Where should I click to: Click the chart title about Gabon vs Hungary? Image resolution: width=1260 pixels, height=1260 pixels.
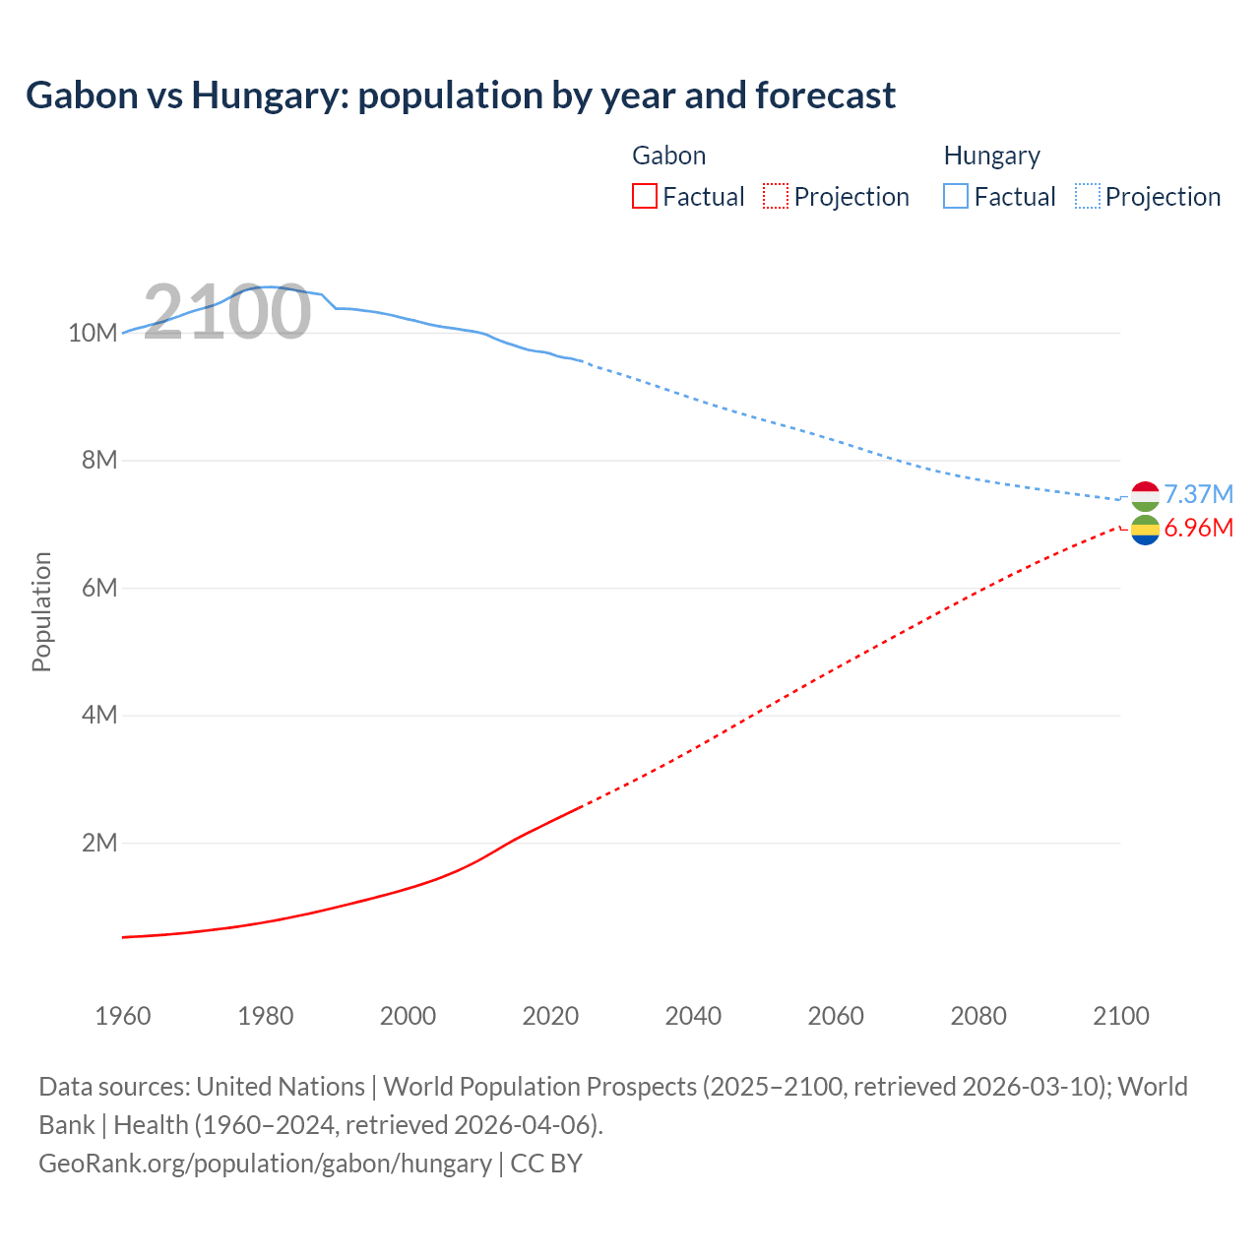pos(461,95)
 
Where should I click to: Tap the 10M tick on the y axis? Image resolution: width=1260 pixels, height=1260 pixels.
pos(93,334)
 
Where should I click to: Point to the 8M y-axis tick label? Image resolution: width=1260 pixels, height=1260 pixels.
pos(98,461)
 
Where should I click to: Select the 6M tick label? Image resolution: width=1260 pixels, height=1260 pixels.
pos(98,589)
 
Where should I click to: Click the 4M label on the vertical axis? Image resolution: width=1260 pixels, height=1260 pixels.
pos(98,716)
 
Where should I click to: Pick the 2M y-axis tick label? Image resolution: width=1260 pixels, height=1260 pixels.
pos(98,844)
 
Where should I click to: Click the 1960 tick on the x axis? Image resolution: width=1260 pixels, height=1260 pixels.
pos(123,1016)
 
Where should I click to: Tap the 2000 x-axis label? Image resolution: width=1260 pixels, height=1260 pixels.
pos(408,1016)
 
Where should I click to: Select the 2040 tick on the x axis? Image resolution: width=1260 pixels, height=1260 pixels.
pos(693,1016)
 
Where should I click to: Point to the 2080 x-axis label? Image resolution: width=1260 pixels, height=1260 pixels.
pos(978,1016)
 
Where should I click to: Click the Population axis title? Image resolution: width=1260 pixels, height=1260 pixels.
pos(41,611)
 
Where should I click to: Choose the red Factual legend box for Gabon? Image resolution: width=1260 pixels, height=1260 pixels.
pos(645,197)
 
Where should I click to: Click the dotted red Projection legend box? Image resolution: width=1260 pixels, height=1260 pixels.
pos(776,197)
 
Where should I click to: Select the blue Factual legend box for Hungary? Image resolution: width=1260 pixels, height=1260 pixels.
pos(956,197)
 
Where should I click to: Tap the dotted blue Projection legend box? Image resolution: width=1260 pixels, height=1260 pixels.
pos(1088,197)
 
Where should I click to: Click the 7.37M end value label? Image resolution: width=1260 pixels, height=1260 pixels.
pos(1198,494)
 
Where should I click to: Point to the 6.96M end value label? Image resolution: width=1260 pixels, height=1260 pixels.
pos(1198,529)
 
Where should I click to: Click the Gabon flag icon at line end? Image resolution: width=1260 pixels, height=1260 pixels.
pos(1145,531)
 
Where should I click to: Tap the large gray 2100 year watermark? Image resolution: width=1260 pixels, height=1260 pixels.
pos(227,312)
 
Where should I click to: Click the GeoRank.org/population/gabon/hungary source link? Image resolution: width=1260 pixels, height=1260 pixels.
pos(265,1164)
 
